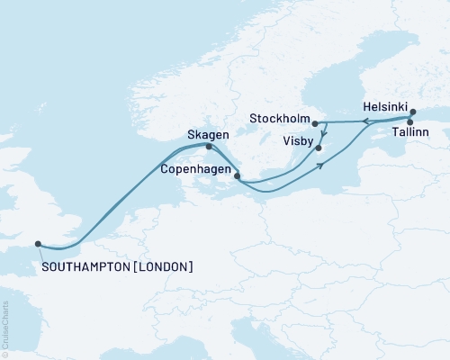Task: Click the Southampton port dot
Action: pyautogui.click(x=38, y=243)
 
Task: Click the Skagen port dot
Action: pyautogui.click(x=209, y=147)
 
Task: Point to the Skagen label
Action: pyautogui.click(x=207, y=134)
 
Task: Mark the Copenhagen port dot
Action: pyautogui.click(x=237, y=176)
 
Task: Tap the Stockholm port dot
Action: pyautogui.click(x=315, y=123)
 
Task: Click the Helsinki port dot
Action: pyautogui.click(x=413, y=113)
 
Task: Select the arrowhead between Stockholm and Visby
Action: pyautogui.click(x=322, y=136)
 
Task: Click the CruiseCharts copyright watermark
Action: pyautogui.click(x=4, y=328)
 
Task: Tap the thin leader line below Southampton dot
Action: pyautogui.click(x=40, y=255)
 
